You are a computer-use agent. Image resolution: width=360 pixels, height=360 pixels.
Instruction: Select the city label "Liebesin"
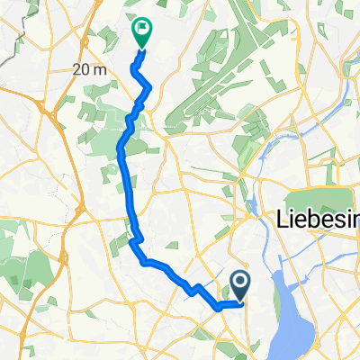point(316,219)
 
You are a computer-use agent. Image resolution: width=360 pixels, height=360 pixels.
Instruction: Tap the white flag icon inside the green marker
point(142,29)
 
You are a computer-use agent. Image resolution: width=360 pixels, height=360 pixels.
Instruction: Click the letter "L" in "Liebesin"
point(277,219)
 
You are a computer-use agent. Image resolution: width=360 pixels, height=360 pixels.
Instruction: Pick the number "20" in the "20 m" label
point(82,69)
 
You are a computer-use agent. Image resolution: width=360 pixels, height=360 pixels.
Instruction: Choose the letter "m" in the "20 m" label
point(99,69)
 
